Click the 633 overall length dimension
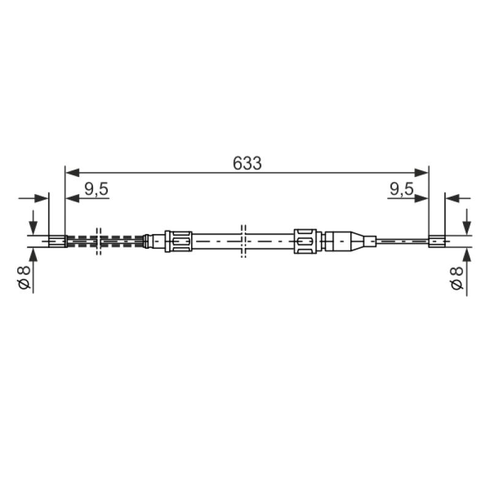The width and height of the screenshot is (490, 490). coord(247,163)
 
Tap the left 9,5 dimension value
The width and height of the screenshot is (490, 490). coord(96,189)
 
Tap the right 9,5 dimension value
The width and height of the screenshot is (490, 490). coord(402,189)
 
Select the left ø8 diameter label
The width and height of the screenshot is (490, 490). coord(24,277)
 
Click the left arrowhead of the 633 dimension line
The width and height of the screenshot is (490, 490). coord(72,173)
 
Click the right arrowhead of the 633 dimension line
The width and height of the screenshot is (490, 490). coord(421,173)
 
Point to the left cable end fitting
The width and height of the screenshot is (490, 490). coord(58,241)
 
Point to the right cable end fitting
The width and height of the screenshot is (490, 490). coord(437,241)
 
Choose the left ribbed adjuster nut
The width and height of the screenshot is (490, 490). coord(178,241)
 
